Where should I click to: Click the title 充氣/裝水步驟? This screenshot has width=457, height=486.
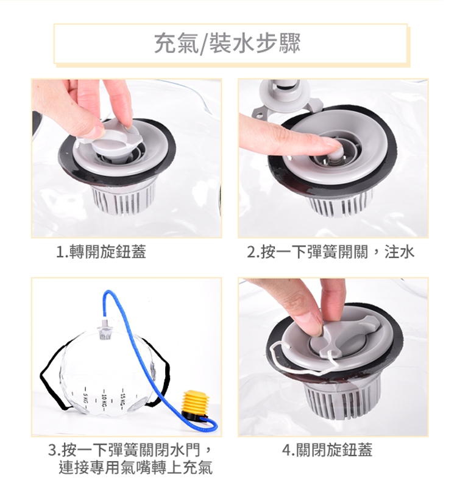click(227, 43)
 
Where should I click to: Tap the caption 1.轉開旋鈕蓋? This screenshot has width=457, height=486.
click(101, 252)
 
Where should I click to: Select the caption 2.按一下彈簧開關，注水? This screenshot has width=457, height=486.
click(330, 252)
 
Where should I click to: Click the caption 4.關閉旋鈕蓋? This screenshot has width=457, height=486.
click(327, 449)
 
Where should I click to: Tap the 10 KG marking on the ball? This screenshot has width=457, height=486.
click(104, 401)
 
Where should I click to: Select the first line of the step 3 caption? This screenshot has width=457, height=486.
click(130, 449)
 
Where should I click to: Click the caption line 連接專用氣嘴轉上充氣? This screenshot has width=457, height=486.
click(135, 468)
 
